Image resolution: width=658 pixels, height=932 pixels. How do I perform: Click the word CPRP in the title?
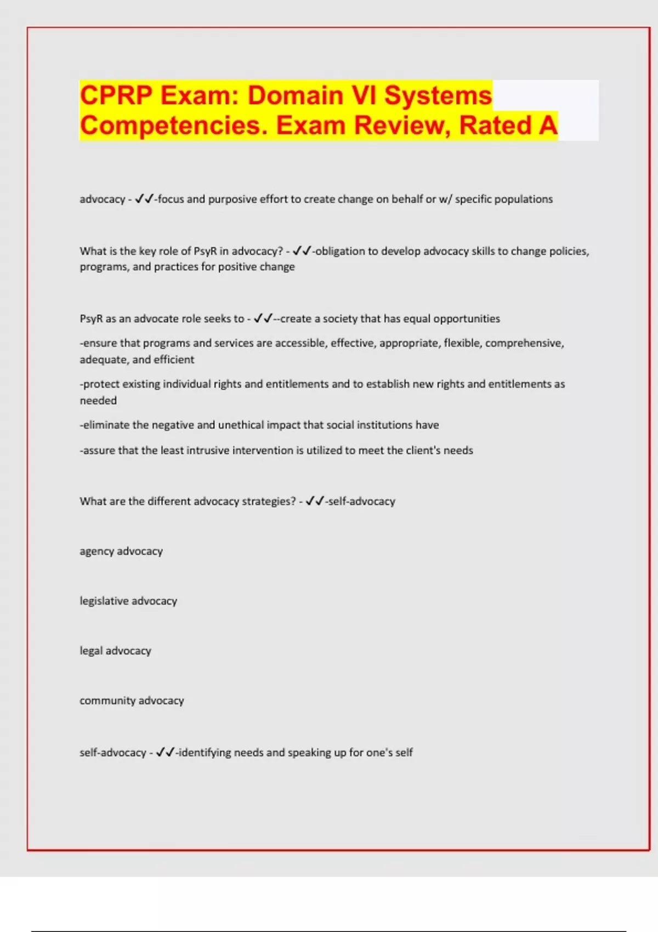click(116, 96)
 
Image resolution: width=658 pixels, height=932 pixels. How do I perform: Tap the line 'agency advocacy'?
click(121, 551)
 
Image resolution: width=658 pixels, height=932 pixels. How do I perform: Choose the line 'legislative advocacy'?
click(128, 601)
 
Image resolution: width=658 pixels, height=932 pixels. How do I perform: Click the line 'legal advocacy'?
click(115, 651)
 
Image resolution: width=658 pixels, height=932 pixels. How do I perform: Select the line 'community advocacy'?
click(132, 701)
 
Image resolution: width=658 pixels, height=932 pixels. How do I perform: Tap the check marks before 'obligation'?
click(302, 251)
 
